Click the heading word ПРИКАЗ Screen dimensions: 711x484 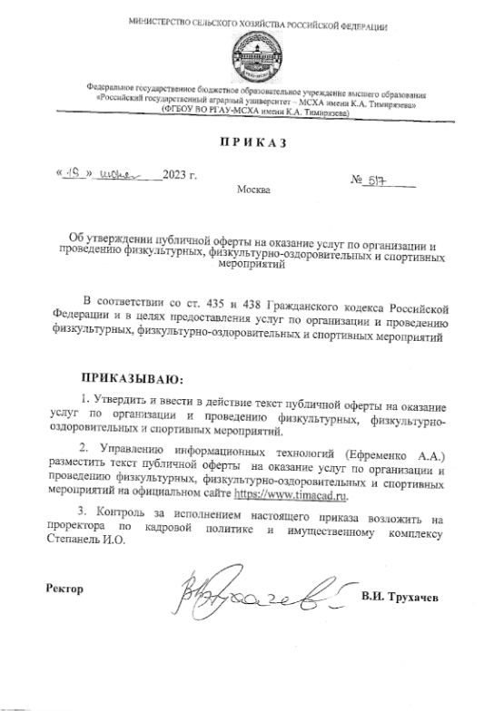coord(246,142)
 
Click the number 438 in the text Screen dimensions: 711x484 coord(244,300)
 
